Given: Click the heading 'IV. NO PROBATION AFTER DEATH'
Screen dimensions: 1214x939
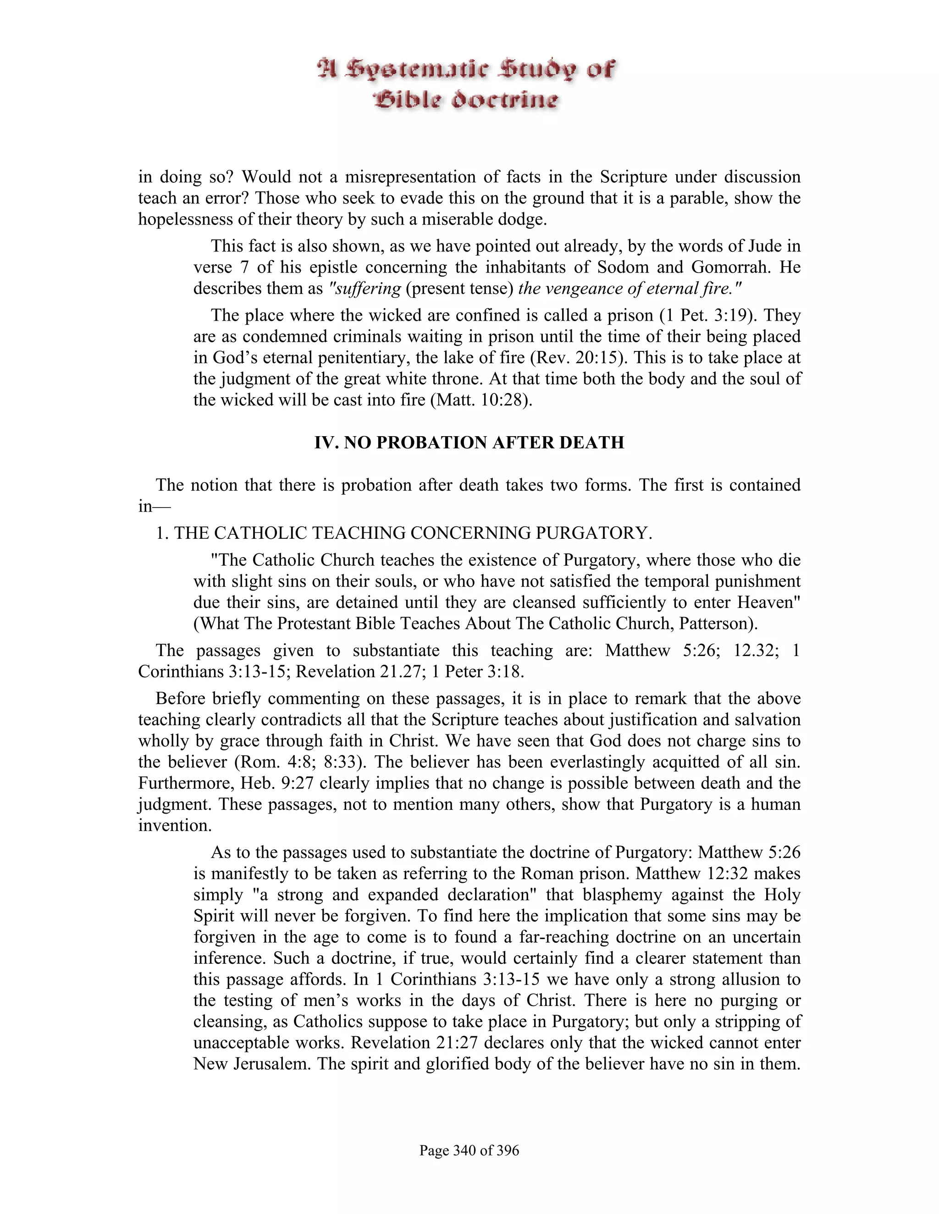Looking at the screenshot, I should pyautogui.click(x=469, y=443).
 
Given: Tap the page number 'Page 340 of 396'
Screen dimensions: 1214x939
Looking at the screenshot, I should pyautogui.click(x=469, y=1150).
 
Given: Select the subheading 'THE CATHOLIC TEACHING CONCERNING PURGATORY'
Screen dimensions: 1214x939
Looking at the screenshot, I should pyautogui.click(x=412, y=533).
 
